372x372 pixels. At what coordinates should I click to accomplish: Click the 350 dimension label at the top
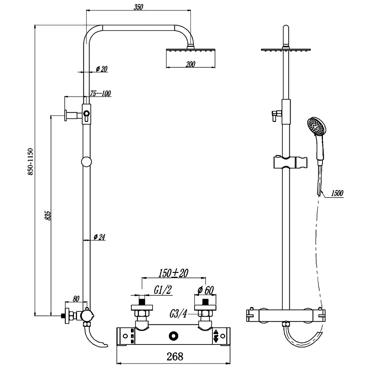[x=138, y=7]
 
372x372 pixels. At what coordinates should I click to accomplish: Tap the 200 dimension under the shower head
[x=190, y=64]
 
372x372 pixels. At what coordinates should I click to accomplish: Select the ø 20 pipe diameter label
[x=102, y=69]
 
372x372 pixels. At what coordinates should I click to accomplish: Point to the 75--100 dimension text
[x=100, y=93]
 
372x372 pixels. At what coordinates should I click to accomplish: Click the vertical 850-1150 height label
[x=30, y=162]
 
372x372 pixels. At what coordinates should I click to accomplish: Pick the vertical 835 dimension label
[x=48, y=215]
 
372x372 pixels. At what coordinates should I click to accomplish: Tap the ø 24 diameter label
[x=99, y=237]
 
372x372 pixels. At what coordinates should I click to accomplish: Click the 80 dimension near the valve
[x=76, y=299]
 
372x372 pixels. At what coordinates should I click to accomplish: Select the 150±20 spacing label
[x=173, y=273]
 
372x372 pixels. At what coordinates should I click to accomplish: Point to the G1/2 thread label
[x=163, y=290]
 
